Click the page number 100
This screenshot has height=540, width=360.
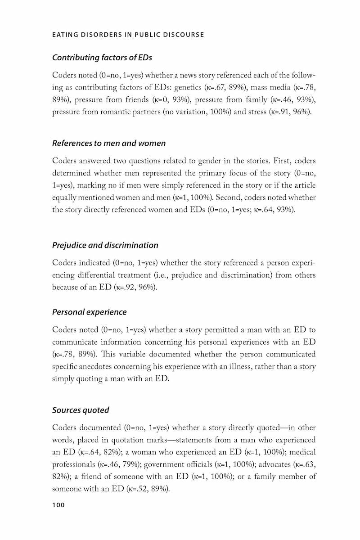[58, 505]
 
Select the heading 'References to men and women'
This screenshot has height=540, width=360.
[109, 144]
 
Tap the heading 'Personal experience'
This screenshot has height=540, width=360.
[90, 312]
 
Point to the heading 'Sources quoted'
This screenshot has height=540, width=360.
[81, 410]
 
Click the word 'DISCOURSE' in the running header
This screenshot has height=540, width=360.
[184, 35]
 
